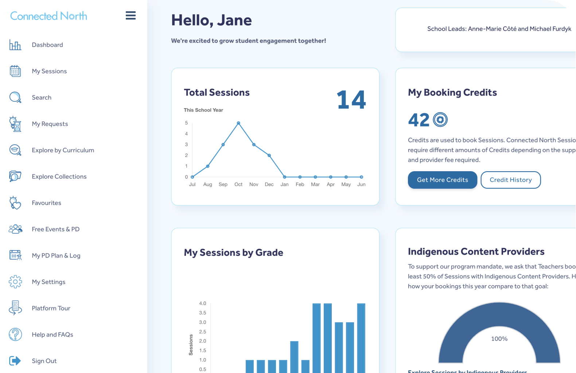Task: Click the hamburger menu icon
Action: pyautogui.click(x=131, y=16)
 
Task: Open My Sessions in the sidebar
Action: pyautogui.click(x=49, y=71)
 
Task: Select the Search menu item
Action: pyautogui.click(x=42, y=98)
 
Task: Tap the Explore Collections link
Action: pyautogui.click(x=59, y=177)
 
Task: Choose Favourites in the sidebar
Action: pyautogui.click(x=46, y=203)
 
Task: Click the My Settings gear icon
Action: pyautogui.click(x=15, y=282)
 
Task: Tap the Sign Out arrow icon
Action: pyautogui.click(x=15, y=361)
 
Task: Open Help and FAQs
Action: pyautogui.click(x=52, y=334)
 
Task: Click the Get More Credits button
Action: pyautogui.click(x=442, y=180)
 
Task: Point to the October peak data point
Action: pyautogui.click(x=238, y=123)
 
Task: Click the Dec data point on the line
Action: pyautogui.click(x=269, y=156)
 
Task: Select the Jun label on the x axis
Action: pyautogui.click(x=361, y=185)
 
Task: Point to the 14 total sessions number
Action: pyautogui.click(x=351, y=100)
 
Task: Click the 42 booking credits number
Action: pyautogui.click(x=419, y=120)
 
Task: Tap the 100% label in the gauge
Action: pyautogui.click(x=499, y=339)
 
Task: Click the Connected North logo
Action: pyautogui.click(x=48, y=16)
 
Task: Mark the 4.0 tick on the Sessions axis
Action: pyautogui.click(x=203, y=303)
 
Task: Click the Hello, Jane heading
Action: pyautogui.click(x=211, y=20)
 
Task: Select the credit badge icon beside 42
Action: pyautogui.click(x=440, y=119)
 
